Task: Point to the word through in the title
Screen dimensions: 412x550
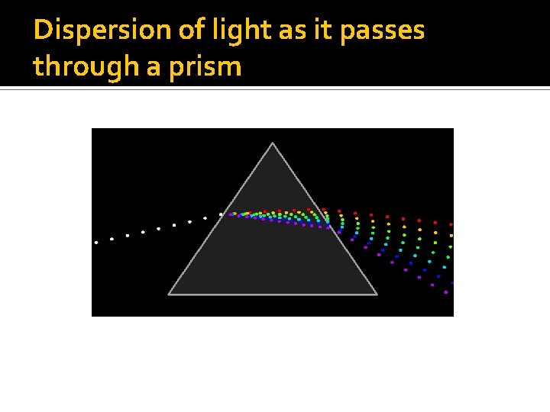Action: (x=76, y=66)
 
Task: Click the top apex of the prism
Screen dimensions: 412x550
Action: (x=273, y=143)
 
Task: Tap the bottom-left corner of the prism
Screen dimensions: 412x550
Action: (x=170, y=293)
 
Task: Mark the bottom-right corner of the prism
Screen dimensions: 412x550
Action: (x=376, y=293)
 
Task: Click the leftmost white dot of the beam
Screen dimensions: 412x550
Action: (x=96, y=243)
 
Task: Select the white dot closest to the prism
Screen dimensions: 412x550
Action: (x=221, y=214)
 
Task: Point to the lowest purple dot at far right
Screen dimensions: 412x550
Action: (x=446, y=292)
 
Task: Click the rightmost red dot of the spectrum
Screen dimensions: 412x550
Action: (x=451, y=224)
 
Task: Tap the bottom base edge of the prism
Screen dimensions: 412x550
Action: (x=273, y=294)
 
